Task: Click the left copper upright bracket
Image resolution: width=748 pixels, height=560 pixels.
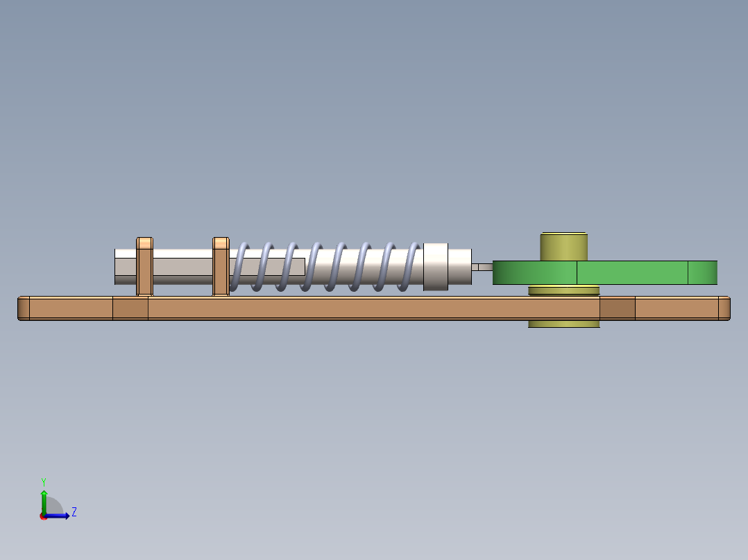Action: pos(144,266)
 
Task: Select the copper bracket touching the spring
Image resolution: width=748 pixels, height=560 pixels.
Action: pos(221,266)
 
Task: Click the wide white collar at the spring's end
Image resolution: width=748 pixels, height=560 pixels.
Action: pos(435,266)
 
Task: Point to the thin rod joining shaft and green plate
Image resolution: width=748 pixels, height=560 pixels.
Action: pos(482,267)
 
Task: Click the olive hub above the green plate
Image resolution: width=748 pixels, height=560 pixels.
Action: pos(564,246)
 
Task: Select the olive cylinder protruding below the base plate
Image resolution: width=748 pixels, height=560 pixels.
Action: pos(563,324)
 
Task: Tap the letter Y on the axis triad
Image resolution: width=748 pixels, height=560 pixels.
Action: pos(43,481)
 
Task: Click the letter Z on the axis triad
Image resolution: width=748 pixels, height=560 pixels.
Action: pos(74,512)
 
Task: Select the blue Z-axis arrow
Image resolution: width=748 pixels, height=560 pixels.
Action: pos(60,516)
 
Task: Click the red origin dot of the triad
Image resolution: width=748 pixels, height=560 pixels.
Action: pos(44,516)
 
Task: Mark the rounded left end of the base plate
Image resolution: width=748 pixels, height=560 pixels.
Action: pos(24,308)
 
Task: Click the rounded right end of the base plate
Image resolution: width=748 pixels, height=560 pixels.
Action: pos(724,308)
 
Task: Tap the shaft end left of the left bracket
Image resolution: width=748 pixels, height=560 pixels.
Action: pos(125,266)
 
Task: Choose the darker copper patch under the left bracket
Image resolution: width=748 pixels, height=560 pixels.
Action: pos(130,308)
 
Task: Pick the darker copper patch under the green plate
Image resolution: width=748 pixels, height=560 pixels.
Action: pos(617,308)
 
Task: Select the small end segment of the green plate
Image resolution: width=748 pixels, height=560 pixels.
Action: pos(702,272)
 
